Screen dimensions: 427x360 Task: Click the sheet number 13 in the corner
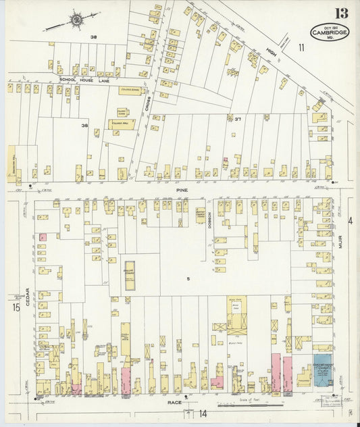[x=341, y=13]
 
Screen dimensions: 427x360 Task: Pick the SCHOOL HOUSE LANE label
[x=83, y=80]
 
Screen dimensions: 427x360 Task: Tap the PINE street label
[x=180, y=191]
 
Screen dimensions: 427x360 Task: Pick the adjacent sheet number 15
[x=15, y=308]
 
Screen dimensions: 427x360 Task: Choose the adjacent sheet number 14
[x=202, y=413]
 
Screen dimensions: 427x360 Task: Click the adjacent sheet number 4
[x=350, y=221]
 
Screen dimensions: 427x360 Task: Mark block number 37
[x=238, y=119]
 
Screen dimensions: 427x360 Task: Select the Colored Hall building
[x=122, y=124]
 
